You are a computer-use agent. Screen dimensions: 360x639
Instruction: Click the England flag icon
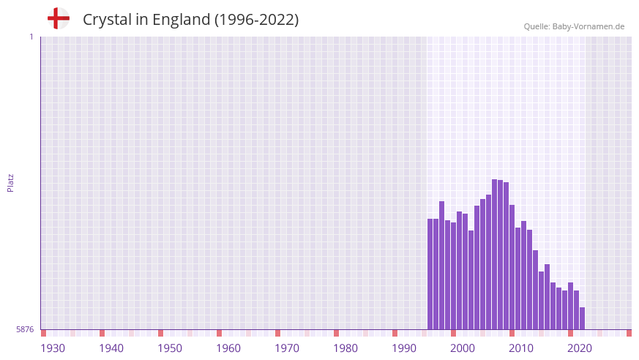58,18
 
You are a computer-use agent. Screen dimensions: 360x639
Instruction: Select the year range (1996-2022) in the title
255,20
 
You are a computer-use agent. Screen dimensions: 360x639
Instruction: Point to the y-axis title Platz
10,183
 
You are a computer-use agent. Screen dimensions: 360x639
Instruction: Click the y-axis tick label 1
31,37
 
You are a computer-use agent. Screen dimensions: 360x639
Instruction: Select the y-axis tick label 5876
25,330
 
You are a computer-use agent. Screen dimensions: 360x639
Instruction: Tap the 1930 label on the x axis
53,348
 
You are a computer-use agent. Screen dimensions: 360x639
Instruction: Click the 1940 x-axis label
111,348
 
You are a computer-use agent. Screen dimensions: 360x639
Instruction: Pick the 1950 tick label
170,348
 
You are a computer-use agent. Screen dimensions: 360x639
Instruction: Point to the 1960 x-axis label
228,348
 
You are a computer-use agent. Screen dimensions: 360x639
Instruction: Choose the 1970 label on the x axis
287,348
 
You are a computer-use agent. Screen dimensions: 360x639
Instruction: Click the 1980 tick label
345,348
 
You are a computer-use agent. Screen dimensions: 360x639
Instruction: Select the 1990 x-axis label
404,348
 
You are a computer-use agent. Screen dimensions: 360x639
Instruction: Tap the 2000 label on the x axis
463,348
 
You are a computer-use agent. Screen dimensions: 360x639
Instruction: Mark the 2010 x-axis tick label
521,348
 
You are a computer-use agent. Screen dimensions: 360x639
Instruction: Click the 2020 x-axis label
580,348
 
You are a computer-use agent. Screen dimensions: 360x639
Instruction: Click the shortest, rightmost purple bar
582,318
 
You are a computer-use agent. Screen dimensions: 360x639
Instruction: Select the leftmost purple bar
430,274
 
